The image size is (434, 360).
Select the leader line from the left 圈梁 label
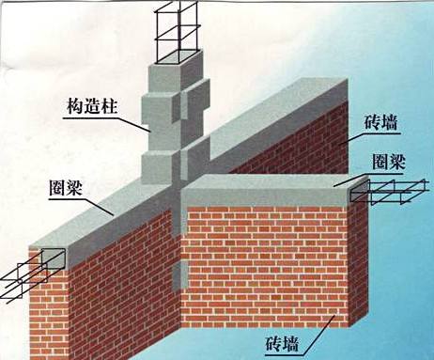point(99,201)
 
